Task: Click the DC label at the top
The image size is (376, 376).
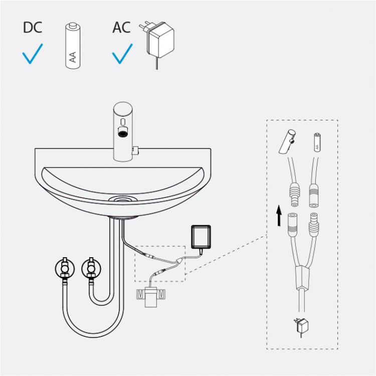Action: (x=33, y=28)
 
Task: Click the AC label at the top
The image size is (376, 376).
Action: (x=122, y=28)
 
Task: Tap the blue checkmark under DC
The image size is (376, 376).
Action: (x=33, y=54)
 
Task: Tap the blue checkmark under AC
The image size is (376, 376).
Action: (x=122, y=54)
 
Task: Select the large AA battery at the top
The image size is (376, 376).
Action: (x=73, y=46)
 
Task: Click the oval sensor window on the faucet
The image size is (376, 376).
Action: (x=123, y=122)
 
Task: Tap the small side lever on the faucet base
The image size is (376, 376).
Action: (x=135, y=150)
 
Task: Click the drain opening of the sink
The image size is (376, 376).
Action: (x=123, y=199)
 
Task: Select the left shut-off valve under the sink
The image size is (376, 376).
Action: (x=65, y=268)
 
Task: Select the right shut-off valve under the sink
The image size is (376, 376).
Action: (x=91, y=268)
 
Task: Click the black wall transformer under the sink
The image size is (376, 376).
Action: (x=201, y=237)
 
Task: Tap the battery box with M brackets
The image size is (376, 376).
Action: (x=150, y=297)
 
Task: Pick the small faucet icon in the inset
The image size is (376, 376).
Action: (x=287, y=141)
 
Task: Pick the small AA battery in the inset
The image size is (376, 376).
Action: (x=317, y=142)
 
